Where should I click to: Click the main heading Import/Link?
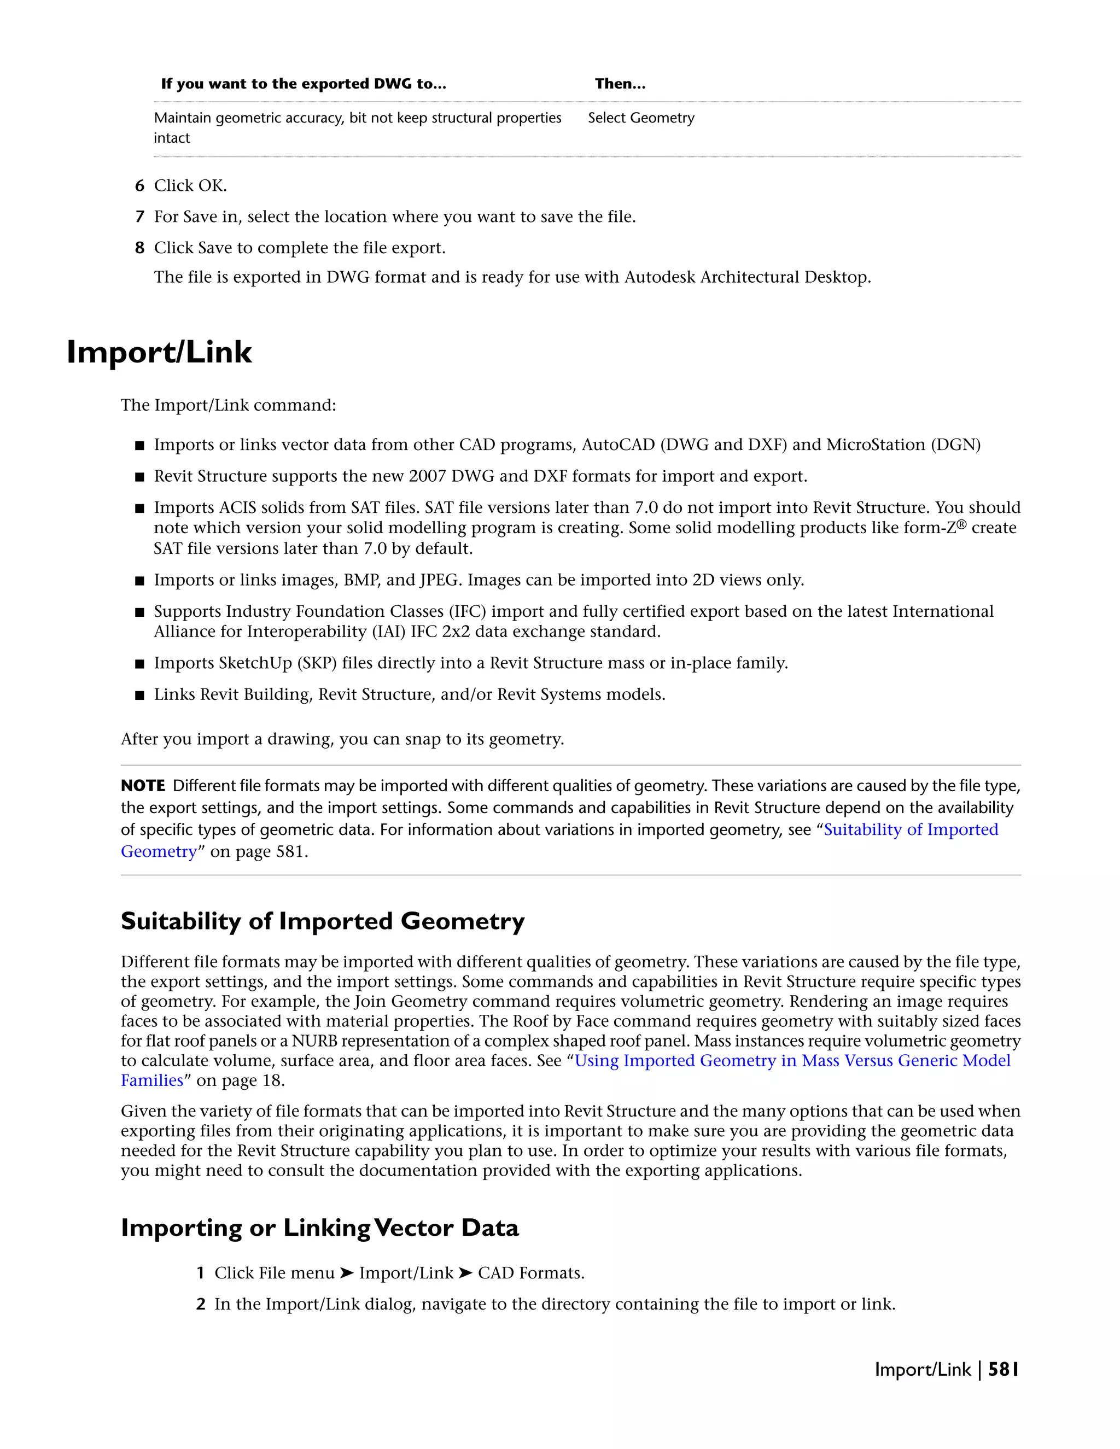[159, 352]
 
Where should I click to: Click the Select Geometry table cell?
[641, 118]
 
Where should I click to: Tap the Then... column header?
[620, 84]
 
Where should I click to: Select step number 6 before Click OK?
[139, 186]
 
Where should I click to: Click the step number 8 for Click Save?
[139, 248]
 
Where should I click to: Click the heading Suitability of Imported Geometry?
[323, 921]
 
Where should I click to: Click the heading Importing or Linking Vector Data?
[319, 1228]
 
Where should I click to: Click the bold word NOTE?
[143, 786]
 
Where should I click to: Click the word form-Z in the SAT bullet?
[929, 528]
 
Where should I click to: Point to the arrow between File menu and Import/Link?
[346, 1273]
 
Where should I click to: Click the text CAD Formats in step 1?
[531, 1273]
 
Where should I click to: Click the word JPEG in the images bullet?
[439, 581]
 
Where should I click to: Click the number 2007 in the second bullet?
[427, 476]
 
